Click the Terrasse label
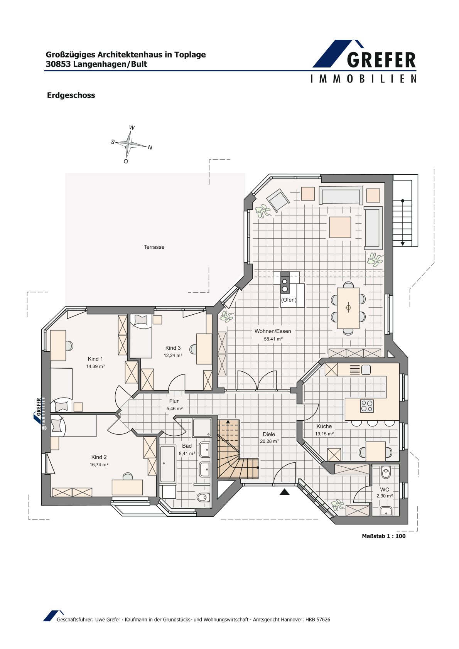point(154,247)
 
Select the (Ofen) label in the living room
point(289,300)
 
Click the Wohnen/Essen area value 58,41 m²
point(273,339)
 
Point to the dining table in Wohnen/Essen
point(348,308)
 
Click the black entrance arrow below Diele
point(285,491)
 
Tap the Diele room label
point(268,434)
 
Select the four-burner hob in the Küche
point(367,406)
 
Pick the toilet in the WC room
point(386,473)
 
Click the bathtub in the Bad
point(167,464)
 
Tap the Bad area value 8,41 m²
point(187,453)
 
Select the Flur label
point(174,401)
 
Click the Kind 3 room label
point(173,348)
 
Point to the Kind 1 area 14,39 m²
point(95,366)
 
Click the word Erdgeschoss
point(71,95)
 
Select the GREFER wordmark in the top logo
point(381,60)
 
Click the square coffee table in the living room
point(340,227)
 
